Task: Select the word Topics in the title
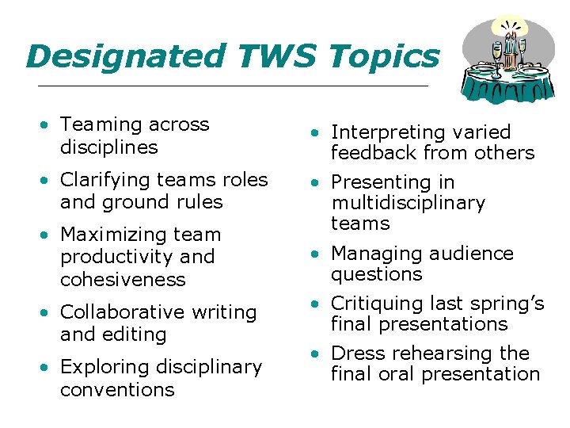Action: tap(383, 56)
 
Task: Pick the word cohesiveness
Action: tap(123, 279)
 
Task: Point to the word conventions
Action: tap(117, 389)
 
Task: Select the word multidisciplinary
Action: tap(408, 203)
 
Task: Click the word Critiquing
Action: tap(374, 304)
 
